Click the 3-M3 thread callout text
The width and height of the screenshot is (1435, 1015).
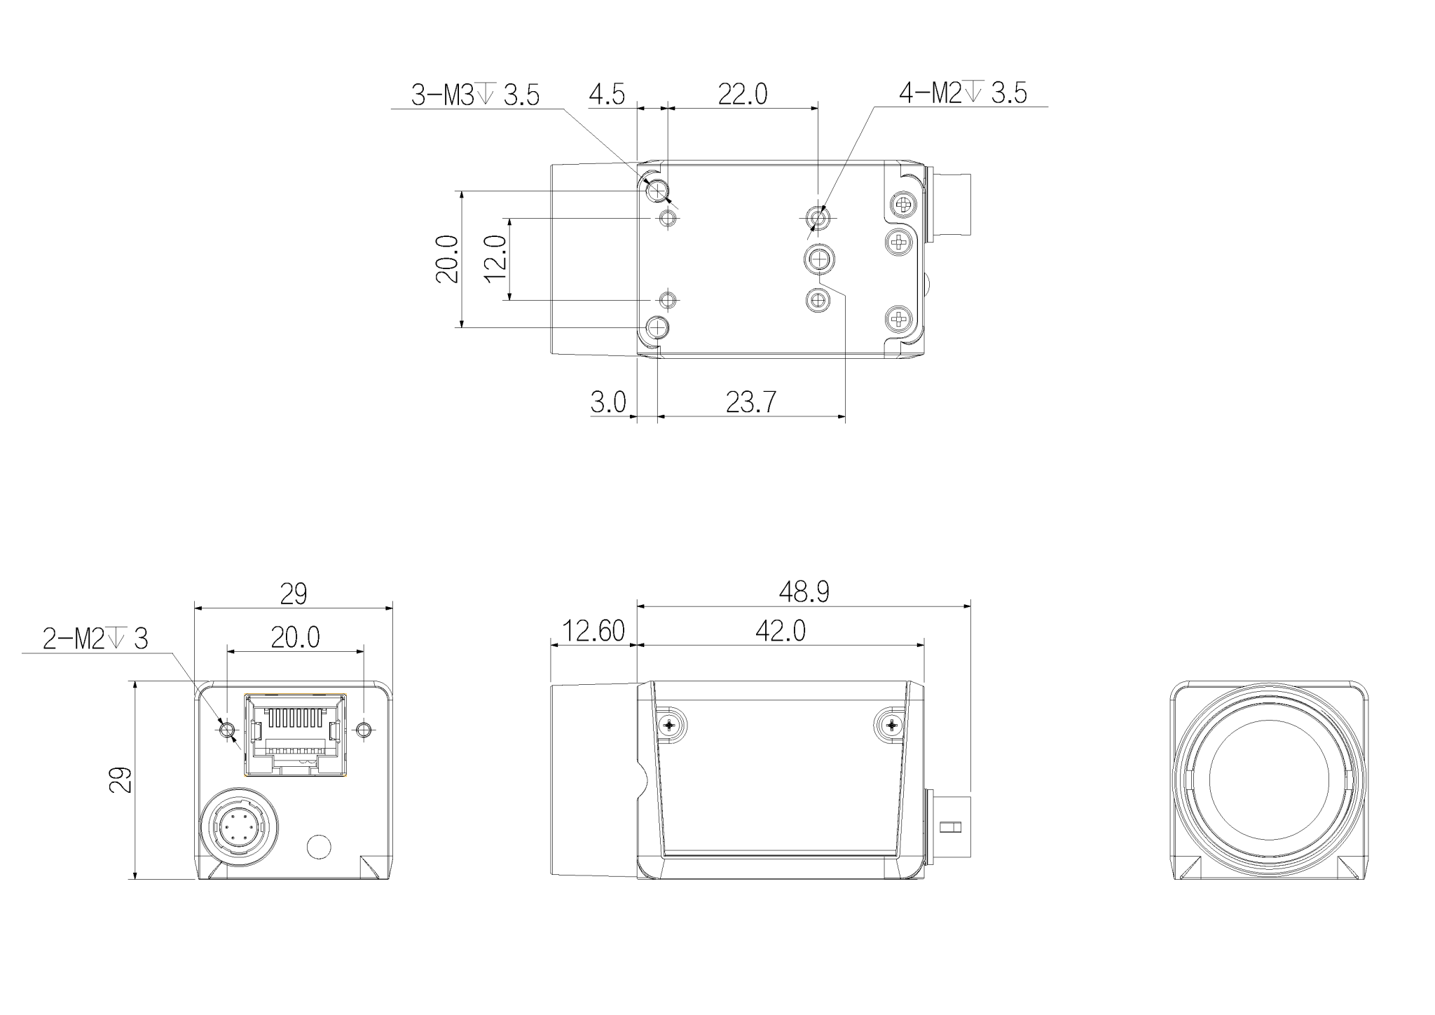point(475,95)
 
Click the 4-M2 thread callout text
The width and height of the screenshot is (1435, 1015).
point(963,93)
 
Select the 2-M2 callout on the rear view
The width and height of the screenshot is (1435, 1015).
point(95,639)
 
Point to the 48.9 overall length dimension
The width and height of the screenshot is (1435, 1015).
point(804,592)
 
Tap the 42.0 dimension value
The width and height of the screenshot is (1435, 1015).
point(781,631)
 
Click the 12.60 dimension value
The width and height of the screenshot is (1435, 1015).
point(594,631)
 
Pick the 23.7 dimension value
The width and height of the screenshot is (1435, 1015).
point(751,402)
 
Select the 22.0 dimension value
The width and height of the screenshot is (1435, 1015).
point(743,94)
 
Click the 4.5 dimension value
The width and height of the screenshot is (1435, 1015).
point(607,94)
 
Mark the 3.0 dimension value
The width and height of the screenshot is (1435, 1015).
point(608,402)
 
